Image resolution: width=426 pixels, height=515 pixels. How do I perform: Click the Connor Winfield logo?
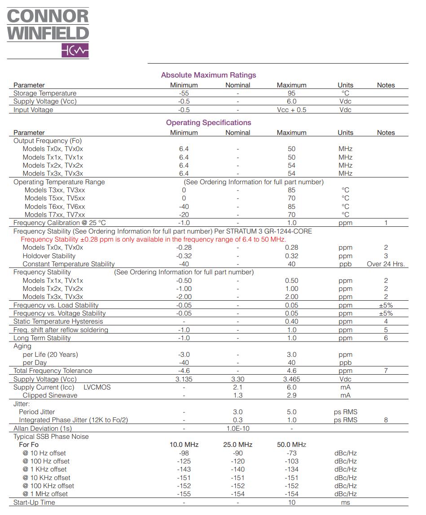click(48, 33)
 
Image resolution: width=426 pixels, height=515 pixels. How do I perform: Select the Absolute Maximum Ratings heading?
click(208, 75)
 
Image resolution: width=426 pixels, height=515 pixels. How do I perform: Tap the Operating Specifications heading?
click(208, 123)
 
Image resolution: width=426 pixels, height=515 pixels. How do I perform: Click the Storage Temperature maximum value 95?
click(291, 93)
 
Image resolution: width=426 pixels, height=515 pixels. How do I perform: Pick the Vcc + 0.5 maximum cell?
click(291, 110)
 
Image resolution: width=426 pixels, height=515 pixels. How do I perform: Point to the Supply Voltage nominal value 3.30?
click(237, 379)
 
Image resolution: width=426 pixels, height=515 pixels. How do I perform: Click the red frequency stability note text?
click(153, 239)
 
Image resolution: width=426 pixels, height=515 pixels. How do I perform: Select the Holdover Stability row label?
click(49, 256)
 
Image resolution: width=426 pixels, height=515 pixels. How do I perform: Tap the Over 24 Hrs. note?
click(386, 264)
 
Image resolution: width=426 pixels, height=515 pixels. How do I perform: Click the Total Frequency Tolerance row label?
click(53, 371)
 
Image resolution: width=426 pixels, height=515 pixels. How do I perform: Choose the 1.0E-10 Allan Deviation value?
click(237, 428)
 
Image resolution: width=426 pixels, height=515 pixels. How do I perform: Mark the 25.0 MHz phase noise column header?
click(237, 445)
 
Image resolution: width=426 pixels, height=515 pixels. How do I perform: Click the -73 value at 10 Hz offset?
click(291, 453)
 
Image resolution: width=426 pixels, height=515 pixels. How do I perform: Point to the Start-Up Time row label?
click(34, 502)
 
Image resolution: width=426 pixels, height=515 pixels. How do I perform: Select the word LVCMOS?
click(97, 387)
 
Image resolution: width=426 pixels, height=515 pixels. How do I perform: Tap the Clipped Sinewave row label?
click(50, 395)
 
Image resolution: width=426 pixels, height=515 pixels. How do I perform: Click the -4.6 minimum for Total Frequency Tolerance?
click(184, 371)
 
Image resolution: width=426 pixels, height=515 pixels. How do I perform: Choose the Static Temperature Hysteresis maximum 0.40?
click(291, 321)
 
